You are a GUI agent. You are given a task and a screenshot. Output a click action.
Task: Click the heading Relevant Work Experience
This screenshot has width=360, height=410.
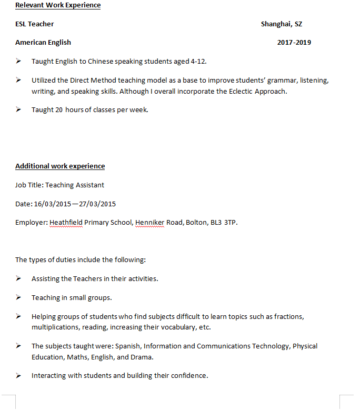(58, 5)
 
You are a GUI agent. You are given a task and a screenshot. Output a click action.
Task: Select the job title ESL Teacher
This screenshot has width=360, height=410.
(35, 24)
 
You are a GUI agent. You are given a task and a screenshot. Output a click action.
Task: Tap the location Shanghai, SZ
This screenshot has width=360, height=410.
(282, 24)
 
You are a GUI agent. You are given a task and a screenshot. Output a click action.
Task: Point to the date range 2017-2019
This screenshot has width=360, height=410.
(294, 42)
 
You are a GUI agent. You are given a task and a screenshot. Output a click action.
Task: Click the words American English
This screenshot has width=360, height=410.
(43, 42)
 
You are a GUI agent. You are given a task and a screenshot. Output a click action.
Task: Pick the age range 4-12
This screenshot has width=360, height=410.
(198, 61)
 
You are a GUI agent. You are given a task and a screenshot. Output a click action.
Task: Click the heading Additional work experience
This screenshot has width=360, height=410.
(60, 166)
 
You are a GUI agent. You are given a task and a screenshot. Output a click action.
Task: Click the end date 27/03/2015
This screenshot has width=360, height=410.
(97, 204)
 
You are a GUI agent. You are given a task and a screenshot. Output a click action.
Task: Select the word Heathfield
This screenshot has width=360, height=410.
(66, 222)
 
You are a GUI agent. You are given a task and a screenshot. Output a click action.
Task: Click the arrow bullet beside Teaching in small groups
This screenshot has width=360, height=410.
(18, 297)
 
